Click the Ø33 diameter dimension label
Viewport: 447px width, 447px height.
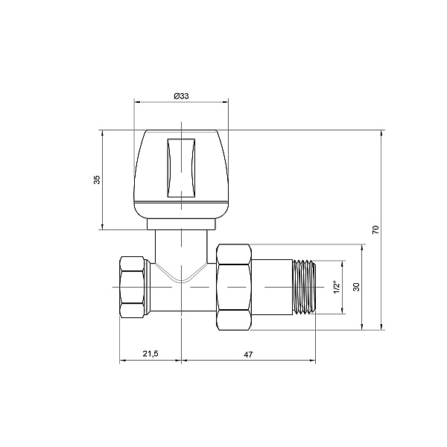(181, 96)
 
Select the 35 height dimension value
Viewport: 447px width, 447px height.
(97, 180)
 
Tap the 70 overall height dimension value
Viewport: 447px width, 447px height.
(375, 229)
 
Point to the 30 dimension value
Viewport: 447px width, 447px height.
(356, 287)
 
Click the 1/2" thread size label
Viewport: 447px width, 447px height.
(337, 287)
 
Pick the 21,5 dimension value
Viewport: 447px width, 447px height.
(150, 354)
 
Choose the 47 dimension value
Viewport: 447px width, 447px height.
(248, 355)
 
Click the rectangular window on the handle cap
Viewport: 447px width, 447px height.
(181, 168)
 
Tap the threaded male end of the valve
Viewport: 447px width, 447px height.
(305, 287)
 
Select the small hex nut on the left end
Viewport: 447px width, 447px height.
(132, 287)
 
